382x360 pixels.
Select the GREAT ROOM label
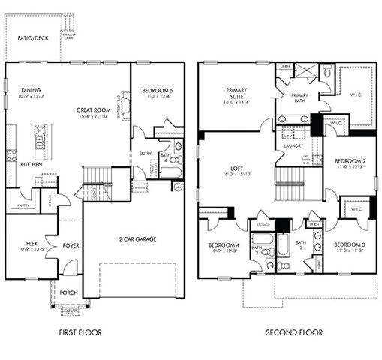[92, 109]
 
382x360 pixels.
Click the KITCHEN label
[31, 163]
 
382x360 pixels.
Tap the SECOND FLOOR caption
[293, 331]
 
